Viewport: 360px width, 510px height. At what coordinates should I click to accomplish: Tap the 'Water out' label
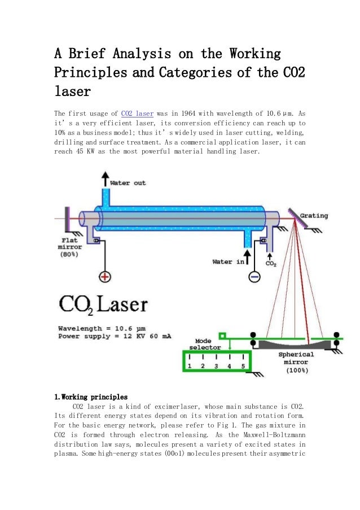point(128,183)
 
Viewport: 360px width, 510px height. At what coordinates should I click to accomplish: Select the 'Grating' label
point(313,216)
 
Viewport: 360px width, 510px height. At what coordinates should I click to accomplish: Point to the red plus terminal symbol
point(105,277)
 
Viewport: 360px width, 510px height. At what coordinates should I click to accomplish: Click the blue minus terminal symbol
point(254,277)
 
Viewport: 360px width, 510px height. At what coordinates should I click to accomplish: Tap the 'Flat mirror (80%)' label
point(69,247)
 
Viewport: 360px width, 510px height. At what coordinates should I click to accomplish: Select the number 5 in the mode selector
point(243,366)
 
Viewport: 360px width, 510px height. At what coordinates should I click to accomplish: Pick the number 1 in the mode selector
point(190,366)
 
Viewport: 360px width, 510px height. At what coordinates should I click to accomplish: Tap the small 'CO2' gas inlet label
point(271,263)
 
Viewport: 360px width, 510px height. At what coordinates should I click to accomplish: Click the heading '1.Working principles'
point(91,396)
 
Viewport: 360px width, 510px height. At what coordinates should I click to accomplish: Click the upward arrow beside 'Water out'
point(105,180)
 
